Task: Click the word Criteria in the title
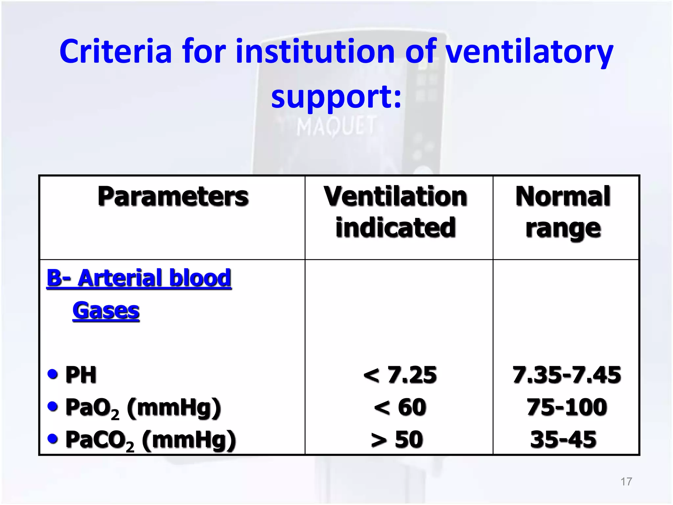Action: (x=116, y=52)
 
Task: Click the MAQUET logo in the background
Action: (x=336, y=127)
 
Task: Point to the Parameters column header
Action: (x=173, y=197)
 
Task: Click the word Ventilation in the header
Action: (x=395, y=197)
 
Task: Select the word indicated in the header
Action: (x=395, y=228)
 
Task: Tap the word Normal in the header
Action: (x=563, y=197)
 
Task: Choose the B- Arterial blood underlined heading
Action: (x=139, y=278)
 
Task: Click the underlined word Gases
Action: (x=106, y=310)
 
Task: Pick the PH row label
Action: (x=81, y=374)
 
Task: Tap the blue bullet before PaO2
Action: (x=53, y=406)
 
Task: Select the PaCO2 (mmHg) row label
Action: (x=151, y=440)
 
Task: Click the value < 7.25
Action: (x=400, y=374)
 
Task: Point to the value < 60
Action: (x=400, y=407)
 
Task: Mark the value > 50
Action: (x=397, y=439)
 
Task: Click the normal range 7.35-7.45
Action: (x=567, y=374)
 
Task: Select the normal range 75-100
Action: (x=567, y=407)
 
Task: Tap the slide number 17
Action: (x=626, y=482)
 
